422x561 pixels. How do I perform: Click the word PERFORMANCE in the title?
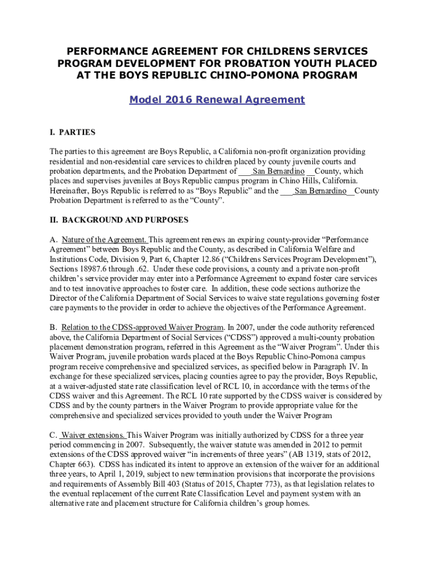coord(109,51)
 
